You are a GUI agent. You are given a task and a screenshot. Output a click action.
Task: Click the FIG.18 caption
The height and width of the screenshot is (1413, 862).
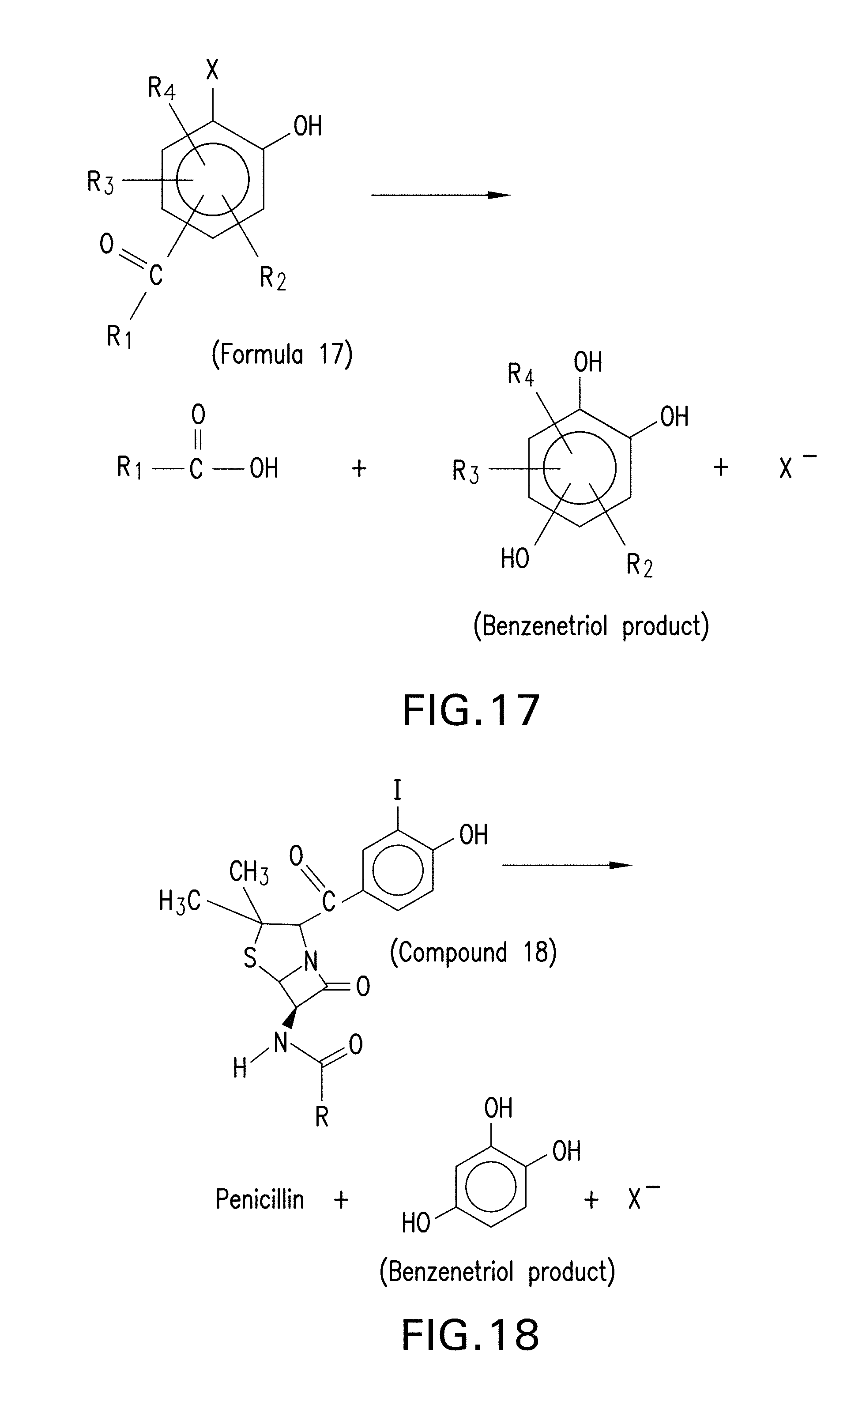coord(471,1335)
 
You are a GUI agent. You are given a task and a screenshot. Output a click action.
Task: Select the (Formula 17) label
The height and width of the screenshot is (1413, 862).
coord(282,354)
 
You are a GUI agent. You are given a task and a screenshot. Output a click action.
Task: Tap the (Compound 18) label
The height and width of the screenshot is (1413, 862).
coord(473,953)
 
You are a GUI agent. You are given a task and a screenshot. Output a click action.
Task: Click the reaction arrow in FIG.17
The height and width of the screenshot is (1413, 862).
coord(440,195)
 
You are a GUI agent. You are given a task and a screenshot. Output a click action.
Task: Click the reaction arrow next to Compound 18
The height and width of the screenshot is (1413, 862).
coord(567,865)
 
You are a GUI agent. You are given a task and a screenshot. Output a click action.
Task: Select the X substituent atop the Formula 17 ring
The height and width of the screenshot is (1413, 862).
coord(212,70)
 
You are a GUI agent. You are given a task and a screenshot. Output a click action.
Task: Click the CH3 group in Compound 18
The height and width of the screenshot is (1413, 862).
coord(248,872)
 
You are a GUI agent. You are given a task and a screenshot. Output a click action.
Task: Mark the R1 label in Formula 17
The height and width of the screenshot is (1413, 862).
coord(119,337)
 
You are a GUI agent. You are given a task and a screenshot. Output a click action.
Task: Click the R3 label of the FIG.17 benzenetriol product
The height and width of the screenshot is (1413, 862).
coord(465,471)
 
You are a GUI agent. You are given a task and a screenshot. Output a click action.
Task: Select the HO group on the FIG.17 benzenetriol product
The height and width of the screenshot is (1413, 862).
coord(515,558)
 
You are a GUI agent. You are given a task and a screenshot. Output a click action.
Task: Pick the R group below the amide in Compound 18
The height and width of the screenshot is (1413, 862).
coord(322,1116)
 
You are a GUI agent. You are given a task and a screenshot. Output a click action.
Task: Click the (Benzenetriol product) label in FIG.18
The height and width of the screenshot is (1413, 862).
coord(497,1271)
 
